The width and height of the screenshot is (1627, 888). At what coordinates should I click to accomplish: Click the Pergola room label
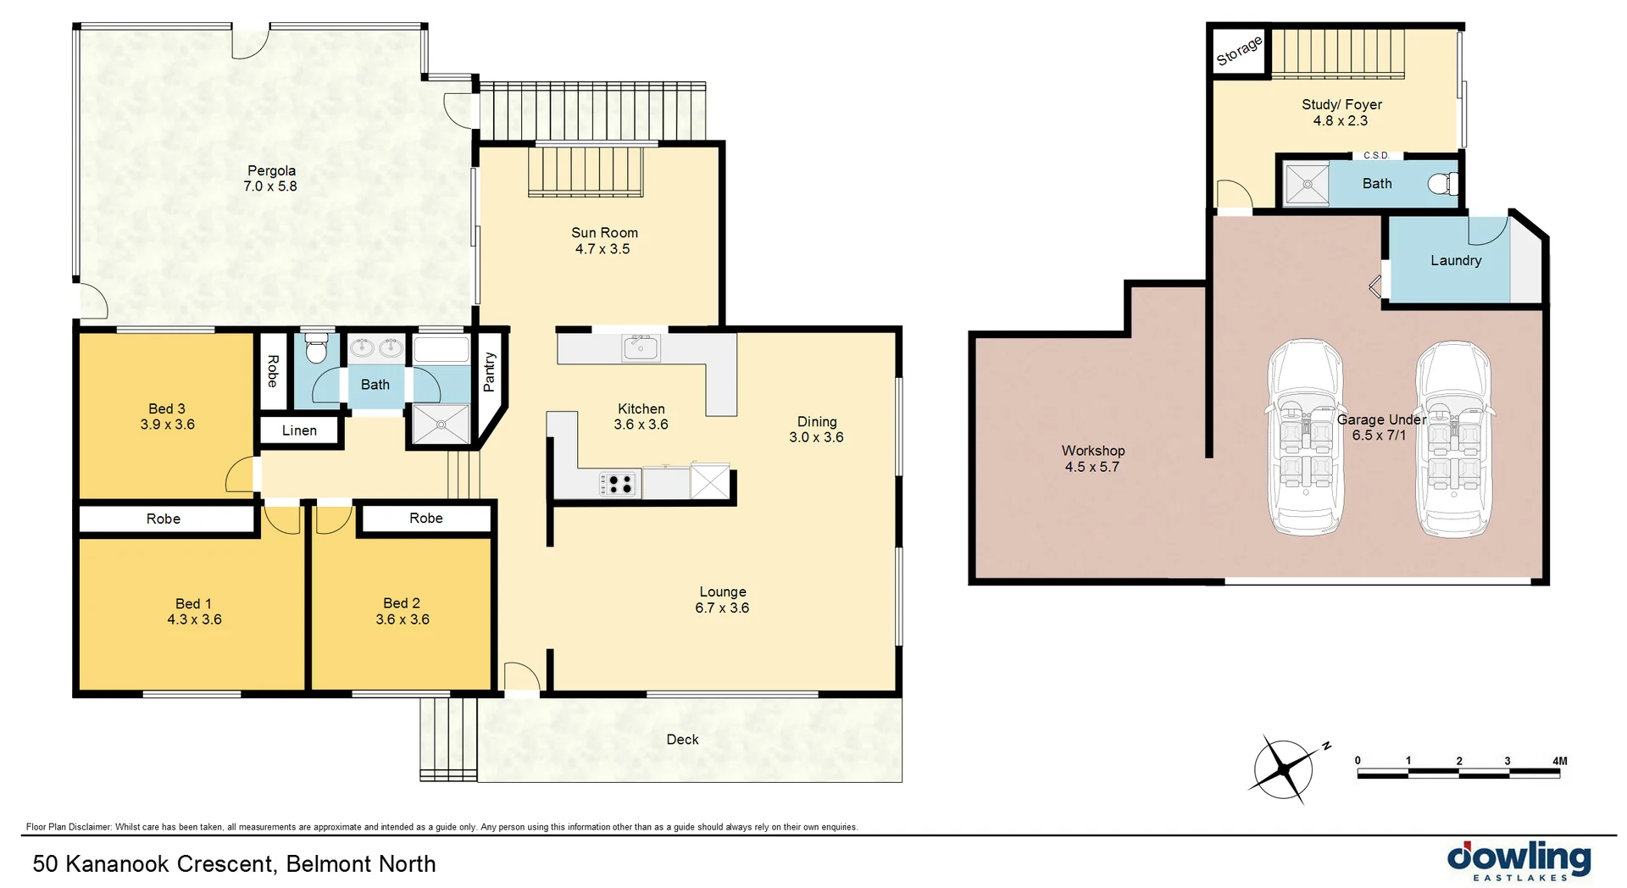click(271, 170)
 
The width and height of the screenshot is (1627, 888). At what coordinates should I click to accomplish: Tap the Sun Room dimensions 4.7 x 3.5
click(602, 249)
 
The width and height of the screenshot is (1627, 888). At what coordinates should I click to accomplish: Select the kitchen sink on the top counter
click(641, 347)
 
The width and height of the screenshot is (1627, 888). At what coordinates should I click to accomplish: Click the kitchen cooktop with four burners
click(618, 484)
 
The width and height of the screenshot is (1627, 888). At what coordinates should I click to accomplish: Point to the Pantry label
click(489, 372)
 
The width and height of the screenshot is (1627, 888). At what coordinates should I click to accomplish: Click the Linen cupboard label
click(299, 430)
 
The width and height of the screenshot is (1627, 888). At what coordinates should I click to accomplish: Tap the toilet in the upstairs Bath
click(316, 348)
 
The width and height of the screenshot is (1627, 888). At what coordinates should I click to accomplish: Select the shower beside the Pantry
click(440, 424)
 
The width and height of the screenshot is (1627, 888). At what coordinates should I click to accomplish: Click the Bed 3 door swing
click(241, 475)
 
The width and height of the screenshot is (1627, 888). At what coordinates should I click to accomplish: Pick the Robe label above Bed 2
click(425, 518)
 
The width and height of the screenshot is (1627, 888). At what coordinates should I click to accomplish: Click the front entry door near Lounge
click(521, 679)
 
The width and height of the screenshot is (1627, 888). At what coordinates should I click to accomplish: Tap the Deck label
click(682, 740)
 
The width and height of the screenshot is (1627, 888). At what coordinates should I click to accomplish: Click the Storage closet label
click(1239, 51)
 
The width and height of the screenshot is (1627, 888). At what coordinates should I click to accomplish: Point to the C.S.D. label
click(1376, 155)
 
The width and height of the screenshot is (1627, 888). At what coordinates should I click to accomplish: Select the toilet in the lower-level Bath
click(1443, 183)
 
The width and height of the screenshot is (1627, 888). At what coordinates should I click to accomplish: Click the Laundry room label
click(1456, 260)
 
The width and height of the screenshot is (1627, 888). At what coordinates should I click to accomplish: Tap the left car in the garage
click(1305, 438)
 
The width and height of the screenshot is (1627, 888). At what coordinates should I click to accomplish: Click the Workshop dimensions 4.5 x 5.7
click(1091, 467)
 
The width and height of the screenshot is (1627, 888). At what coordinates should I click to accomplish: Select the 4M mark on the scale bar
click(1559, 761)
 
